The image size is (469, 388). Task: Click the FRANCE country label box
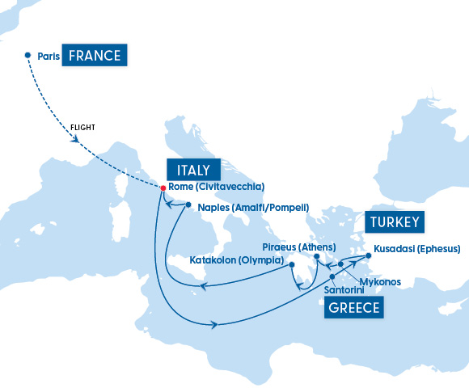(x=95, y=56)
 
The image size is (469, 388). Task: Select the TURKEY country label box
(x=393, y=222)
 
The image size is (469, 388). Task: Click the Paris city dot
(x=28, y=56)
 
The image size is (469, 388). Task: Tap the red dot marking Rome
(x=163, y=188)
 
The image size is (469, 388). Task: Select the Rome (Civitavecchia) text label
(x=216, y=187)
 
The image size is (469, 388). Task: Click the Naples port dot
(x=188, y=205)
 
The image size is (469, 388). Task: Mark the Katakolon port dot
(x=292, y=264)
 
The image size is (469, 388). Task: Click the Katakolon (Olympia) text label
(x=236, y=261)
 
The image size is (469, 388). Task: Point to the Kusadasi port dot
(x=369, y=256)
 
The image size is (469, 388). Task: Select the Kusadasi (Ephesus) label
(x=417, y=248)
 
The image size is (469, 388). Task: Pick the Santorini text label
(x=343, y=289)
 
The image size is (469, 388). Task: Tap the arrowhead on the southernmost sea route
(x=215, y=325)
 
